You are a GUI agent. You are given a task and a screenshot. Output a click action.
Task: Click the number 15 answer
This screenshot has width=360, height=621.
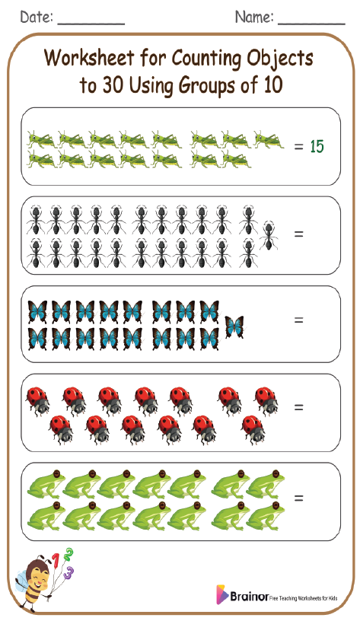tap(317, 145)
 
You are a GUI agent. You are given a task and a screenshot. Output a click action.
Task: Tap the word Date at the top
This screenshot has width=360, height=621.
tap(37, 17)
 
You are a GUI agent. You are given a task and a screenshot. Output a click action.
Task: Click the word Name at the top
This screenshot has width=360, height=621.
tap(253, 17)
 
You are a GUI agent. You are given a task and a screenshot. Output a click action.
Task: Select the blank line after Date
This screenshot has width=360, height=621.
tap(91, 23)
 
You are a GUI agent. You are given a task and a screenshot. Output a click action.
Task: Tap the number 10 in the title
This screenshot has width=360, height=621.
tap(272, 85)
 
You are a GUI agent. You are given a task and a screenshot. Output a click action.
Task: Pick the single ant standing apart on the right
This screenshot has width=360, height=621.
tap(269, 236)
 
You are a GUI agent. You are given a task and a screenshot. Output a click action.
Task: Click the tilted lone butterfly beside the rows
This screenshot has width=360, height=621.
tap(234, 326)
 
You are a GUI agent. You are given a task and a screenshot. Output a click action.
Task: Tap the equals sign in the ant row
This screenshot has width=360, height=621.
tap(298, 234)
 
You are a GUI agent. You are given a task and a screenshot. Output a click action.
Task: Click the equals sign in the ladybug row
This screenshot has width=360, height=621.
tap(298, 408)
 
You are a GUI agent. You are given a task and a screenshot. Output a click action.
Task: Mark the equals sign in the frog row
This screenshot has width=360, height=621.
tap(298, 498)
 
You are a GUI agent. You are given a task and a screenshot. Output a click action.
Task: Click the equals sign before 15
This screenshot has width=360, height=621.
tap(298, 145)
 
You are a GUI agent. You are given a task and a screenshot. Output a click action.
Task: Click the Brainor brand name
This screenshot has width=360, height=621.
tap(248, 596)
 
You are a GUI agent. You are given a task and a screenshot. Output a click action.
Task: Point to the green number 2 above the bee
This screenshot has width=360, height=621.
tap(68, 553)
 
